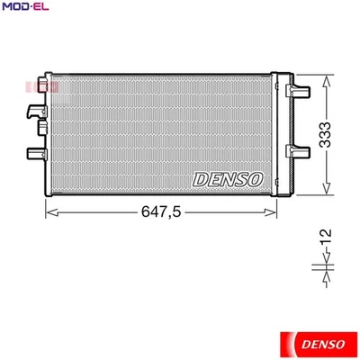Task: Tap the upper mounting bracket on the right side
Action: [297, 92]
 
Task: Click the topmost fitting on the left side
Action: [37, 87]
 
